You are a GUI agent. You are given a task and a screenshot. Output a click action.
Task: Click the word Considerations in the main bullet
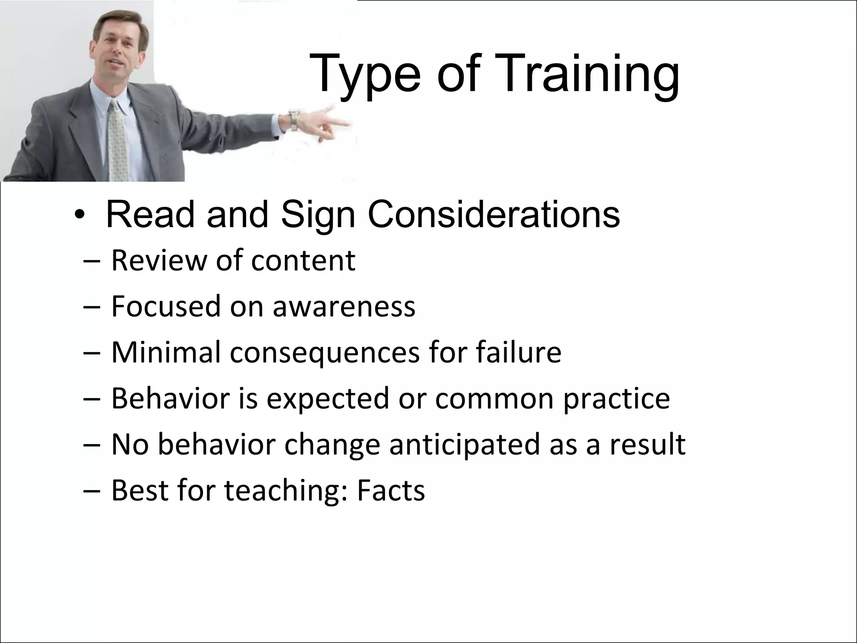(x=494, y=214)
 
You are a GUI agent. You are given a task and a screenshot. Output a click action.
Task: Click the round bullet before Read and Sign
(x=78, y=216)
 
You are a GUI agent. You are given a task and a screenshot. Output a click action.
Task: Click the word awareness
(x=344, y=306)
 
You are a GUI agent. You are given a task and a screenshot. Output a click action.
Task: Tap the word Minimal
(x=166, y=352)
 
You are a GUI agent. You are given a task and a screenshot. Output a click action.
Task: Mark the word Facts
(x=391, y=490)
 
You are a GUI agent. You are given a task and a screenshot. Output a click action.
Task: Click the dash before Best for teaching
(x=92, y=491)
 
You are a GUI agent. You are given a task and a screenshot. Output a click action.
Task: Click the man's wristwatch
(x=294, y=120)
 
